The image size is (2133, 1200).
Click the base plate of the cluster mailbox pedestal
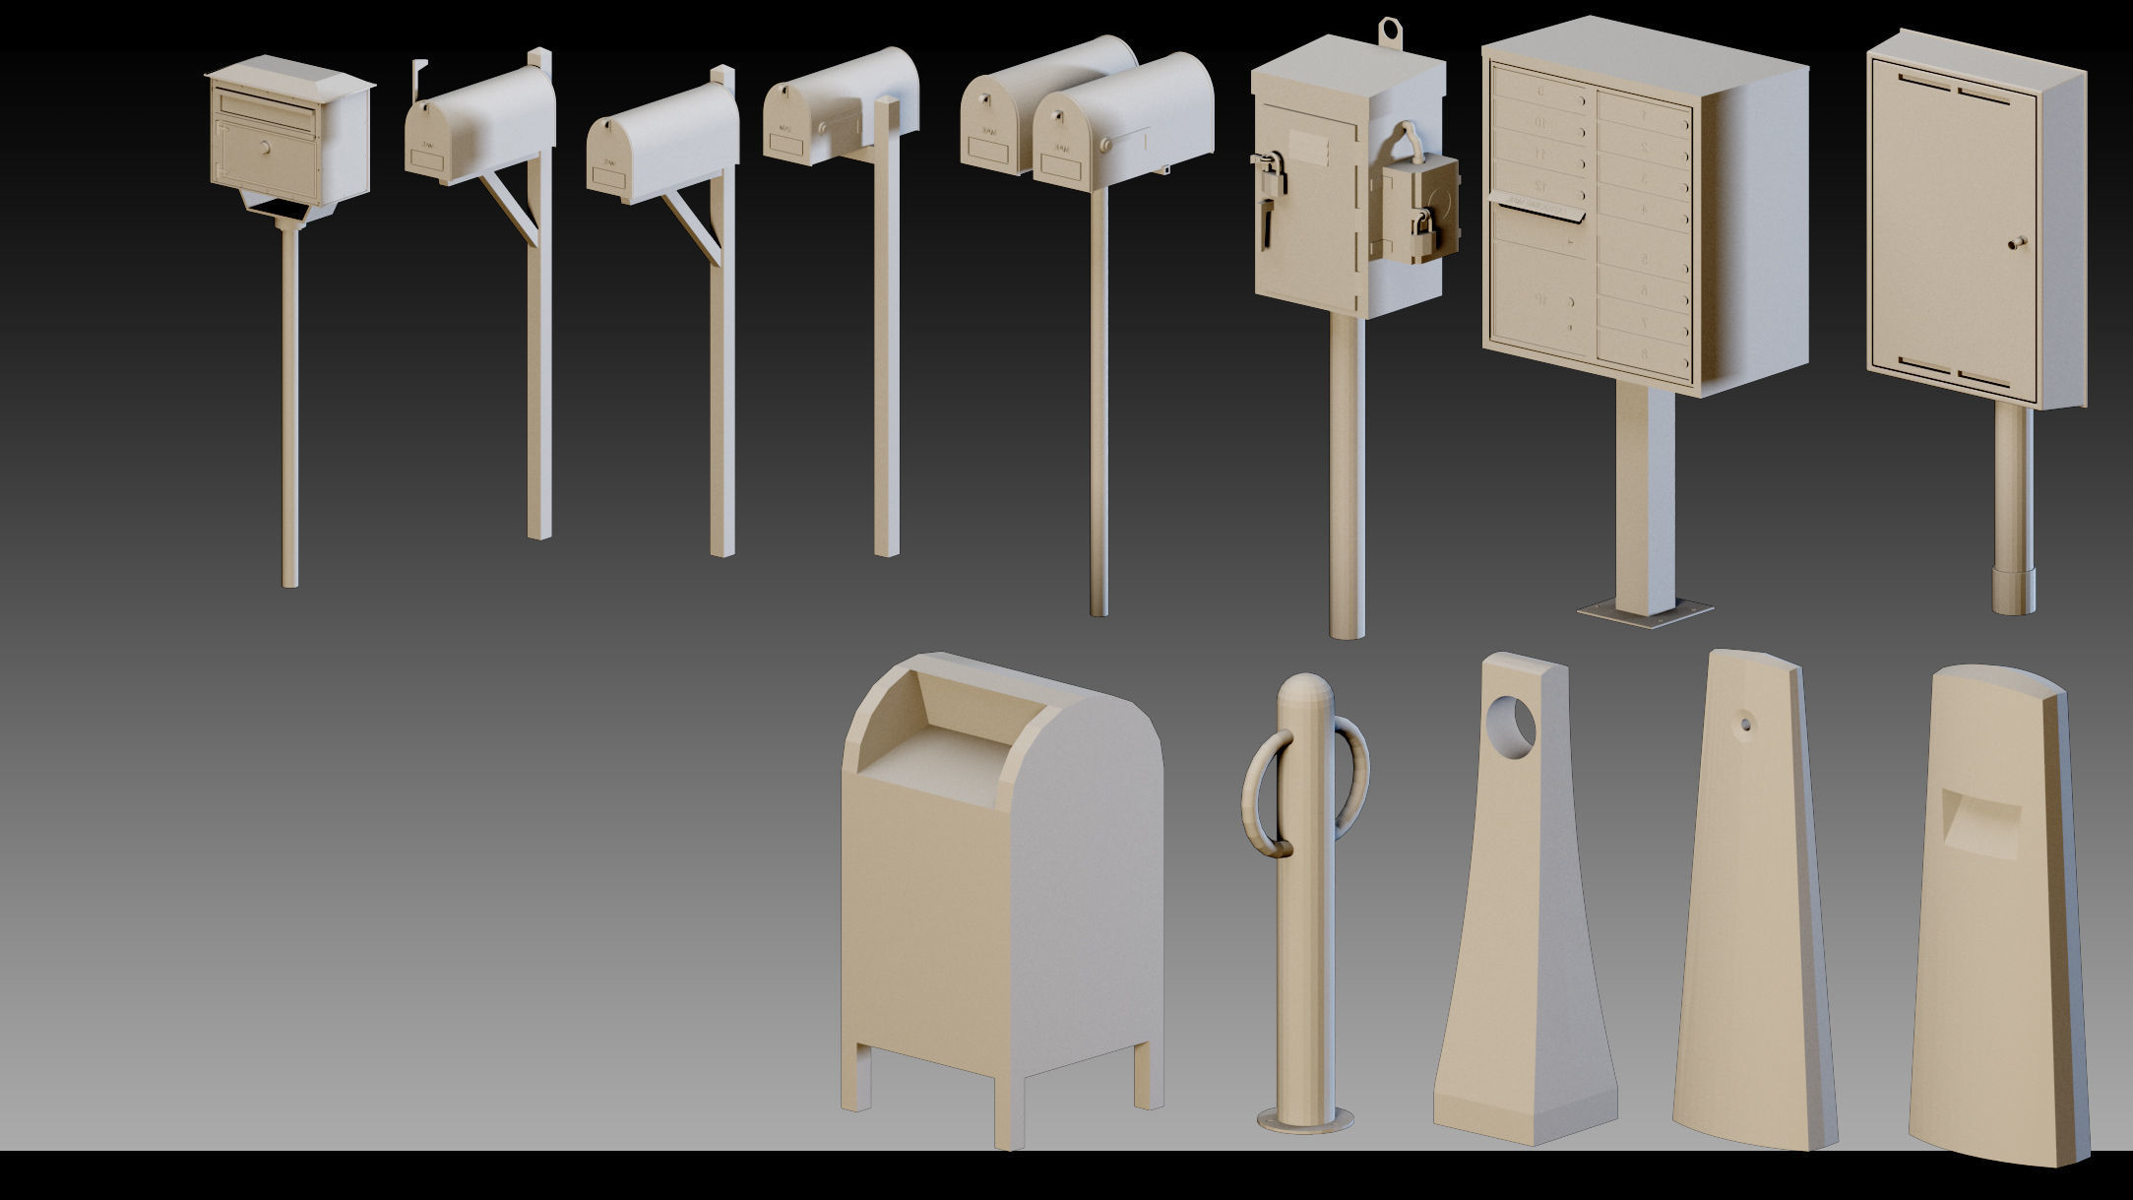tap(1644, 613)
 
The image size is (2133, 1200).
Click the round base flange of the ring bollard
tap(1305, 1119)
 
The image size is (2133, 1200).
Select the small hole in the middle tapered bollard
tap(1745, 726)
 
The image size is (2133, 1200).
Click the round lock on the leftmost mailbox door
tap(265, 148)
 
